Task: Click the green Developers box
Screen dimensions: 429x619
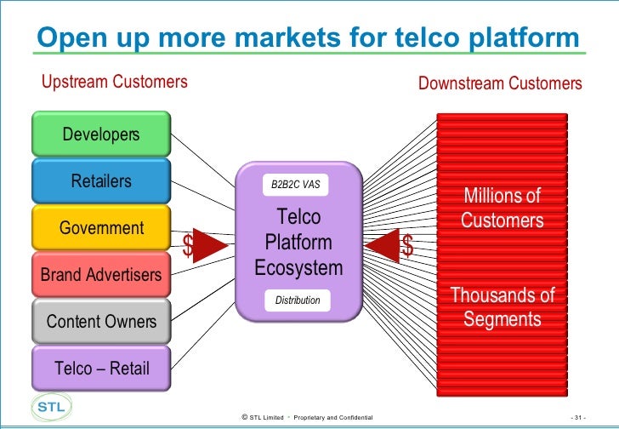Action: [x=100, y=134]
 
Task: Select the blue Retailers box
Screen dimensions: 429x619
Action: [x=100, y=181]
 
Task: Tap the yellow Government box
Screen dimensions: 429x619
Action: [x=100, y=228]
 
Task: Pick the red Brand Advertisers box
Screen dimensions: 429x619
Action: [x=100, y=275]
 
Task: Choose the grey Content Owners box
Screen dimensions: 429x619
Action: [x=100, y=322]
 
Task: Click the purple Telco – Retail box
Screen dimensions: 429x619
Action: [x=100, y=369]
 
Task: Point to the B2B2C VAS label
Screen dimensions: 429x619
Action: [x=295, y=185]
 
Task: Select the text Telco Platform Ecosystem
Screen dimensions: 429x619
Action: [x=298, y=243]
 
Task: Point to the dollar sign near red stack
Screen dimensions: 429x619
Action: [x=408, y=247]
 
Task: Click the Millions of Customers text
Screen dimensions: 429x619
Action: [x=502, y=209]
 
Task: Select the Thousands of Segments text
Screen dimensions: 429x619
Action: [x=502, y=307]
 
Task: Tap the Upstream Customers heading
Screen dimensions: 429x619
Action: [x=114, y=83]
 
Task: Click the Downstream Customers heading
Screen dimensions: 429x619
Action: [x=500, y=83]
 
